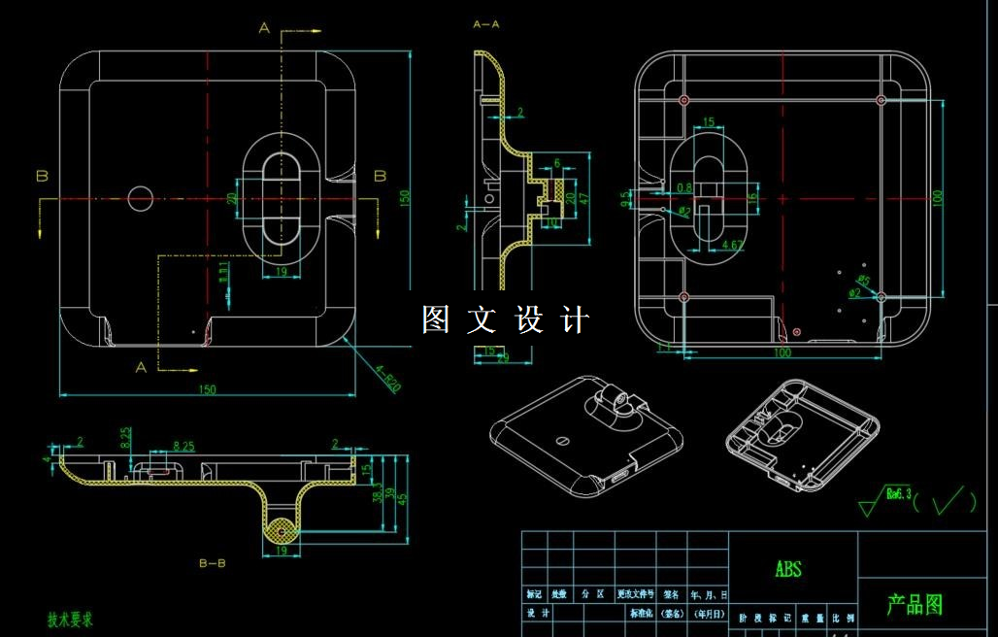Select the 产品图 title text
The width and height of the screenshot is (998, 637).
coord(914,605)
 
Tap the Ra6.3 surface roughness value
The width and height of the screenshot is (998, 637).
coord(899,495)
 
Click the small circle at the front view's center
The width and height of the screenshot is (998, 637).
coord(141,198)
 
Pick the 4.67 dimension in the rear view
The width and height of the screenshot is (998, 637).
coord(734,245)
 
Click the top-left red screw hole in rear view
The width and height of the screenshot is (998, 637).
coord(683,100)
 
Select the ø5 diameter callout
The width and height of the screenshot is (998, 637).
coord(864,282)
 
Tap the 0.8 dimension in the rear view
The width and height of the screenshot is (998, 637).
coord(683,187)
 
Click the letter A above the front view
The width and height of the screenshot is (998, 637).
coord(264,28)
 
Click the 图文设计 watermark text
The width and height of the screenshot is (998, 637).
coord(505,319)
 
